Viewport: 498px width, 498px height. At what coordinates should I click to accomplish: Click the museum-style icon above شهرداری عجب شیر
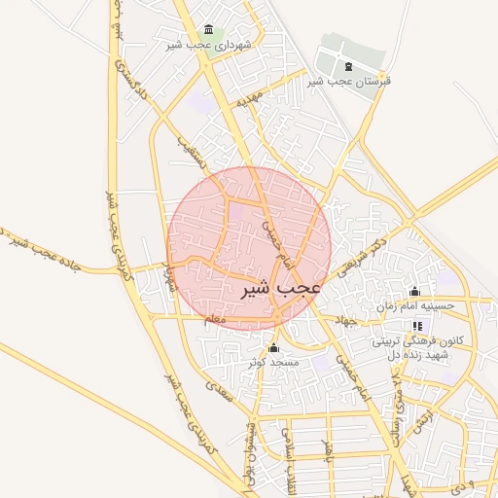point(208,30)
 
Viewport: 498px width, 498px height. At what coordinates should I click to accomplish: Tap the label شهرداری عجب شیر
point(209,45)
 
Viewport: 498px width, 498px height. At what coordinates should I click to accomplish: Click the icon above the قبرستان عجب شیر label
point(349,66)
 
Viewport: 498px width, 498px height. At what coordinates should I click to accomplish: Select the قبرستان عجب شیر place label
point(349,82)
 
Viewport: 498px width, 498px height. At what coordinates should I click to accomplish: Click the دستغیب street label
point(188,147)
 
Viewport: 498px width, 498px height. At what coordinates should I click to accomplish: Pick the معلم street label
point(215,319)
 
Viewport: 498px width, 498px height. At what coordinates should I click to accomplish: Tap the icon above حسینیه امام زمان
point(415,291)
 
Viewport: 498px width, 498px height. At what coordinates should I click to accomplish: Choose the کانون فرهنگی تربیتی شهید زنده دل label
point(416,348)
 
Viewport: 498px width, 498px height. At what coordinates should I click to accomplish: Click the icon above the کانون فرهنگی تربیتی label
point(418,326)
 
